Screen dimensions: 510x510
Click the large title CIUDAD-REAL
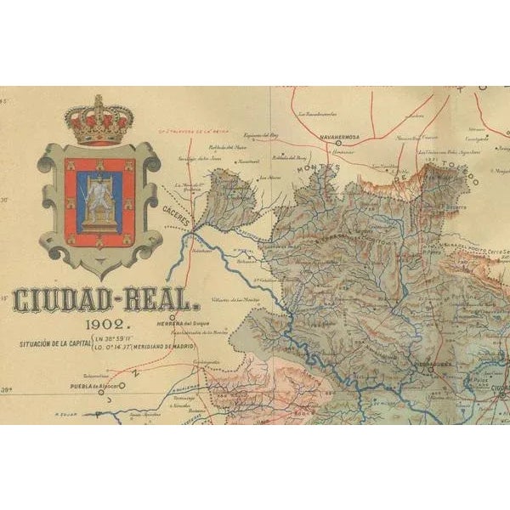pos(107,301)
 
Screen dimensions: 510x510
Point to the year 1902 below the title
pos(107,324)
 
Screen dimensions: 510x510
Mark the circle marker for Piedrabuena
pos(431,369)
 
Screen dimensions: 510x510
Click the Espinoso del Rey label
pos(260,135)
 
